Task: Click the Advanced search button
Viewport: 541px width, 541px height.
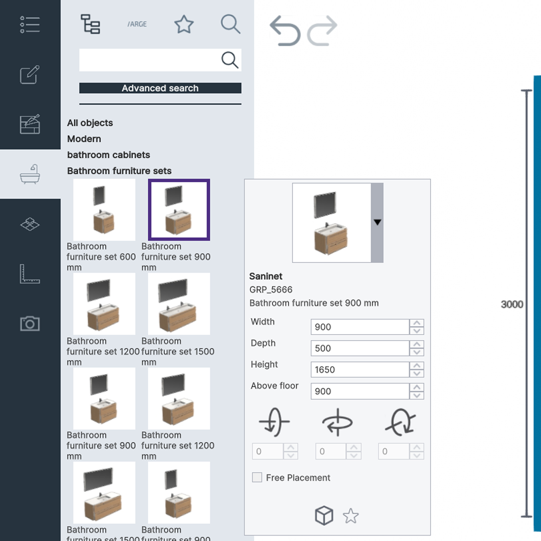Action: pos(160,88)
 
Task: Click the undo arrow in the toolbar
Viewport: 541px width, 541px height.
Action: pos(285,31)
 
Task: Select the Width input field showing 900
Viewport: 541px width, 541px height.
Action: pos(360,327)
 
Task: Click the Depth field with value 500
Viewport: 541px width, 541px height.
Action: pos(360,348)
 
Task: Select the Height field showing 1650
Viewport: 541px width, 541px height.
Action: pos(360,370)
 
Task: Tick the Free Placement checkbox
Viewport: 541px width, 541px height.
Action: pos(257,477)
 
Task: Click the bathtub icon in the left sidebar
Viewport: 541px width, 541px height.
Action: pos(30,174)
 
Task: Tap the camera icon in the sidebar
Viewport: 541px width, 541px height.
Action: pos(30,324)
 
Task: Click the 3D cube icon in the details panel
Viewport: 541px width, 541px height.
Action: pos(324,515)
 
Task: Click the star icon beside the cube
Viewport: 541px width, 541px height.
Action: pos(351,515)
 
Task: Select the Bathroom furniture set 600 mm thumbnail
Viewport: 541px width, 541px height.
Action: pos(104,210)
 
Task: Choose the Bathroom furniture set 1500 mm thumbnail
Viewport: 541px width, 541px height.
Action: pos(179,304)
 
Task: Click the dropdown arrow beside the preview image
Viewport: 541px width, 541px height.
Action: pos(377,222)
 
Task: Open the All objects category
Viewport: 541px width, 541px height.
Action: pos(90,123)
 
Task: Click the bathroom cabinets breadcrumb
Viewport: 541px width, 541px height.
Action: pos(109,155)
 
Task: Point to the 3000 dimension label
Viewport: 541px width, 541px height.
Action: pos(512,305)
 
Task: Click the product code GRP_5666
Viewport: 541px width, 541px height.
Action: pos(271,290)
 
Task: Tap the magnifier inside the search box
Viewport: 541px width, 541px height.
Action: pos(229,60)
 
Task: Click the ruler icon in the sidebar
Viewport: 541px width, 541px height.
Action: pos(30,274)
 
